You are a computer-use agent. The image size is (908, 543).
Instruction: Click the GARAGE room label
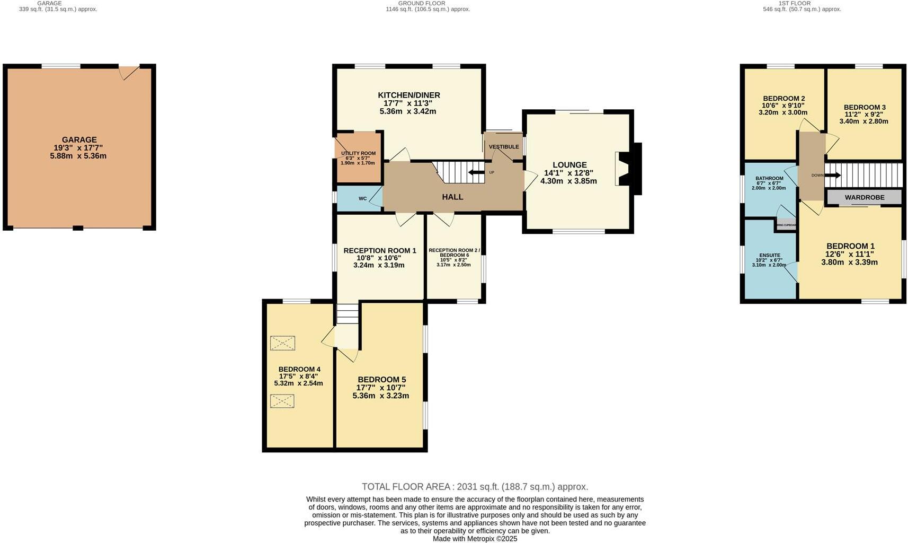pos(79,140)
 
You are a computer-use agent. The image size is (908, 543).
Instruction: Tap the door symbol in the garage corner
pos(128,72)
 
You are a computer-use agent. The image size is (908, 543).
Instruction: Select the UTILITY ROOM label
pos(358,153)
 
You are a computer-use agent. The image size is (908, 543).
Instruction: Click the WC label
pos(362,199)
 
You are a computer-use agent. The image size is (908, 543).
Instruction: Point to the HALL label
pos(452,197)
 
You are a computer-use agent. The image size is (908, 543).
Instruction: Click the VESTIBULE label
pos(503,147)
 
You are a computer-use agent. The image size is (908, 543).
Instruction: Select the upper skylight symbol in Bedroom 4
pos(282,343)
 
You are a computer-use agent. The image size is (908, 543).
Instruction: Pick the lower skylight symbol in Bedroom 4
pos(282,401)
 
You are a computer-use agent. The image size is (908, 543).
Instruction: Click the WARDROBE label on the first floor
pos(864,197)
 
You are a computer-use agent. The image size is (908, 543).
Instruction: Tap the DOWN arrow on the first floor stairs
pos(832,175)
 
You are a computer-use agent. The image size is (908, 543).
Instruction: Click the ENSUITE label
pos(769,255)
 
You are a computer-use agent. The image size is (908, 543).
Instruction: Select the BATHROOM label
pos(769,178)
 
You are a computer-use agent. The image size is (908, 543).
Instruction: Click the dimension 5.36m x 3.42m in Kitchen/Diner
pos(407,111)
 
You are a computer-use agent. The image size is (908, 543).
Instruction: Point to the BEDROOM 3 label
pos(864,107)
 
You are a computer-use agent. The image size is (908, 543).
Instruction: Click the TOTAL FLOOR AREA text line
pos(475,486)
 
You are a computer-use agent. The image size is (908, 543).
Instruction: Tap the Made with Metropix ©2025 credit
pos(475,538)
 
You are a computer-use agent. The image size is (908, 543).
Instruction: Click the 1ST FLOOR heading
pos(794,3)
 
